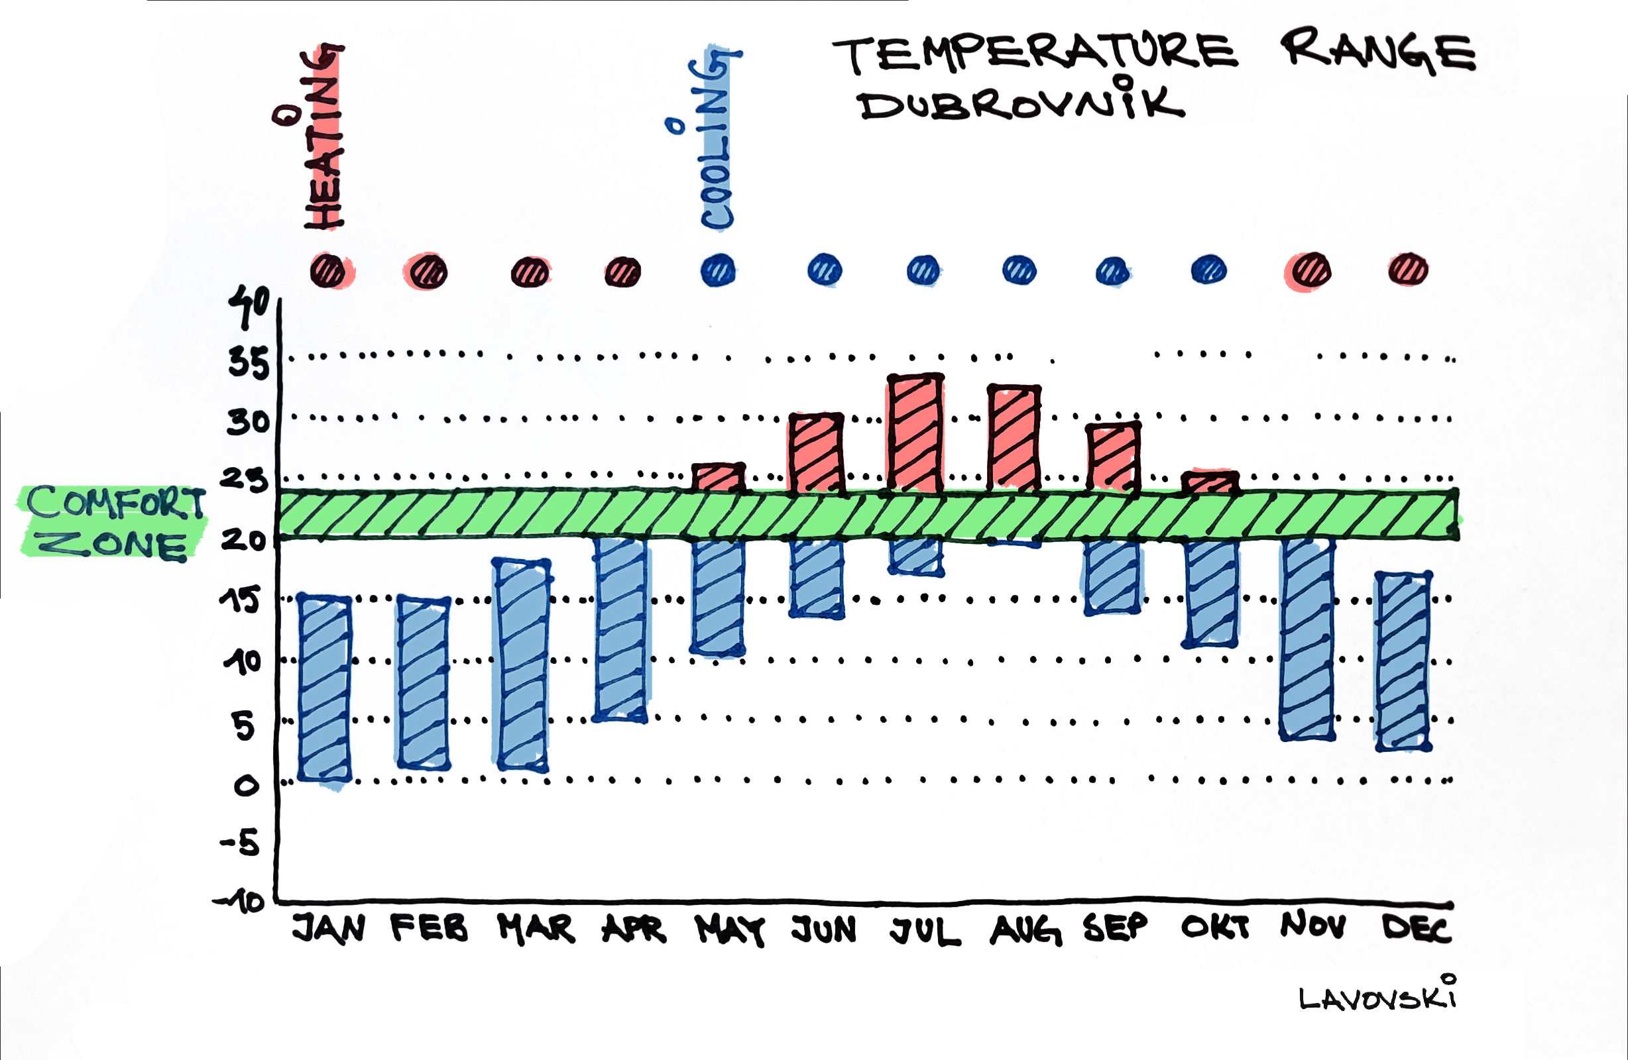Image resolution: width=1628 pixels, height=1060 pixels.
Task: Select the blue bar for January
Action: pos(325,687)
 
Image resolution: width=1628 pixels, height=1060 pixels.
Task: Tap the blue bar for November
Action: pos(1307,639)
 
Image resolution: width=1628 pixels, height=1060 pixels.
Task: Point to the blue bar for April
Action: pos(620,629)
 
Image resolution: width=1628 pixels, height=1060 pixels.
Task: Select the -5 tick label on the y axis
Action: pos(241,843)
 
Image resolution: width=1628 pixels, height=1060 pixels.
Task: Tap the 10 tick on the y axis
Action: pos(243,661)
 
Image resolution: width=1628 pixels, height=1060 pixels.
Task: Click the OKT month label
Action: pos(1215,928)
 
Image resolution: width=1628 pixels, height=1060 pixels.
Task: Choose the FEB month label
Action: pos(430,928)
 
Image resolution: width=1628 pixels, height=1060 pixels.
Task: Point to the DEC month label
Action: pos(1416,928)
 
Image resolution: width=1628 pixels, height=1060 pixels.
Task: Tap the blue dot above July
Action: pos(923,270)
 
